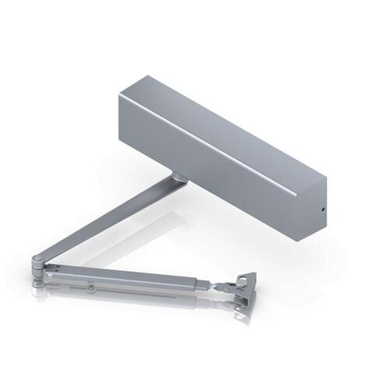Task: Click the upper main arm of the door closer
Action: click(117, 218)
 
